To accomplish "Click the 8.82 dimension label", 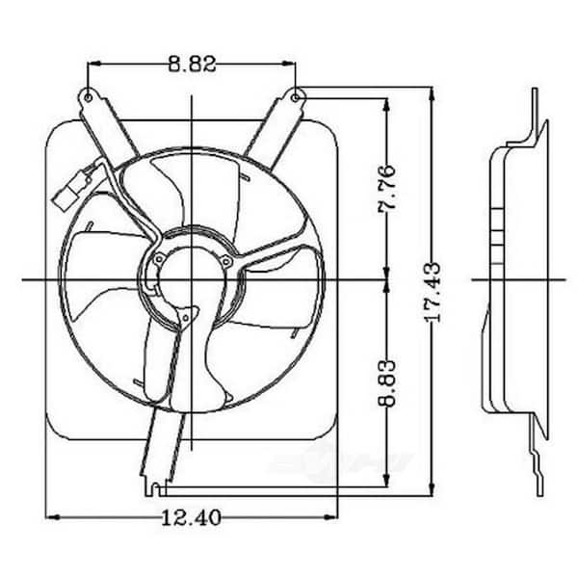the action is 192,64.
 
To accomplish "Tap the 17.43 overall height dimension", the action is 433,292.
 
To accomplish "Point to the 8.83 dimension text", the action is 387,383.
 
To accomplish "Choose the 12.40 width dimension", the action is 192,517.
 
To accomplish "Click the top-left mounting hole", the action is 89,97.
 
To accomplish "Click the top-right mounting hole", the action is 296,97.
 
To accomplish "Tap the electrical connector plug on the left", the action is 71,190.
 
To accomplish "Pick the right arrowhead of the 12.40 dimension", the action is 330,517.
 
